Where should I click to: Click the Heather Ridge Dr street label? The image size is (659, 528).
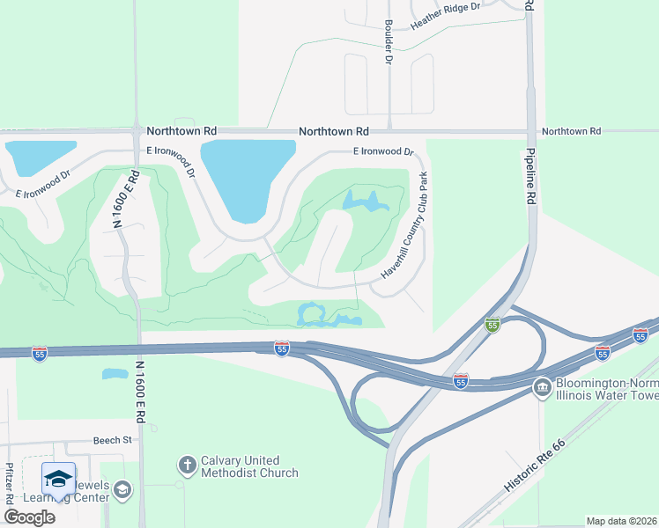(445, 18)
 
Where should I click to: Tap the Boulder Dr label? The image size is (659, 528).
(387, 42)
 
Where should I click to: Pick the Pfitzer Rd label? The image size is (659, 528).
(10, 483)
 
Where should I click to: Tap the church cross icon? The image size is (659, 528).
(187, 463)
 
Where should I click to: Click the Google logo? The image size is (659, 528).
(29, 517)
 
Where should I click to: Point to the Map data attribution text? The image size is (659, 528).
(622, 521)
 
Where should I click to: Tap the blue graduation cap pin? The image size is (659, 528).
(58, 479)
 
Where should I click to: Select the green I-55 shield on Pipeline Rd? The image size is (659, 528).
(492, 326)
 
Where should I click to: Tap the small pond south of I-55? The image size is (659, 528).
(115, 374)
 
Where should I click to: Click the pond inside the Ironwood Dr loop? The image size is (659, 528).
(365, 202)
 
